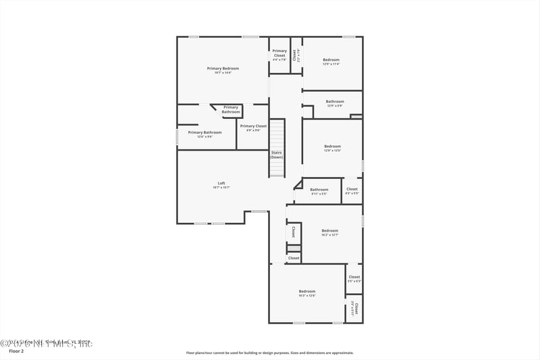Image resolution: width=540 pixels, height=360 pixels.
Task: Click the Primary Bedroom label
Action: (x=223, y=68)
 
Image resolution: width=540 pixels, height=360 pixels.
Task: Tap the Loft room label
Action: (x=221, y=183)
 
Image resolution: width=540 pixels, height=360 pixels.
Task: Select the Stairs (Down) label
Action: (x=277, y=155)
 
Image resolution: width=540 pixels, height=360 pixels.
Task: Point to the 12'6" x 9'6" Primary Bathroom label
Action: (x=205, y=132)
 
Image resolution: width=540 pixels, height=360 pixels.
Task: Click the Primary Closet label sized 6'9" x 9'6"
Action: (x=253, y=126)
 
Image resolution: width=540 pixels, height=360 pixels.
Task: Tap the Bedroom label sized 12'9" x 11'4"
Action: (x=331, y=60)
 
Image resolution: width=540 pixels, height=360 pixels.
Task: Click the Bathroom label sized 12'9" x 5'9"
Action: (x=335, y=102)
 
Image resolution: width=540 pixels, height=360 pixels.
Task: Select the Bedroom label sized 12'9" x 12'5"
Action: (x=332, y=147)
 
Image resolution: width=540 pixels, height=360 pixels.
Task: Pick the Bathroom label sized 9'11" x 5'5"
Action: (x=319, y=190)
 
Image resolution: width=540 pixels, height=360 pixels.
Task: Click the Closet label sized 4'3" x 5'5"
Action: (x=352, y=189)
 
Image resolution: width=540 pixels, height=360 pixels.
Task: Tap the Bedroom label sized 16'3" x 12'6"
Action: (x=307, y=291)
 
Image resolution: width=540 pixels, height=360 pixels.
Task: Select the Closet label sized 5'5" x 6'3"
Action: (x=354, y=277)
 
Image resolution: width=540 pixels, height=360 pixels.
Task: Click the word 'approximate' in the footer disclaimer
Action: (x=342, y=353)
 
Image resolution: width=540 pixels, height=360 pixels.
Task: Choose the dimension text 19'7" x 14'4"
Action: (x=223, y=73)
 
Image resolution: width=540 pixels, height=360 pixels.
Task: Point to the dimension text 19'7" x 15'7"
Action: (x=221, y=188)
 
